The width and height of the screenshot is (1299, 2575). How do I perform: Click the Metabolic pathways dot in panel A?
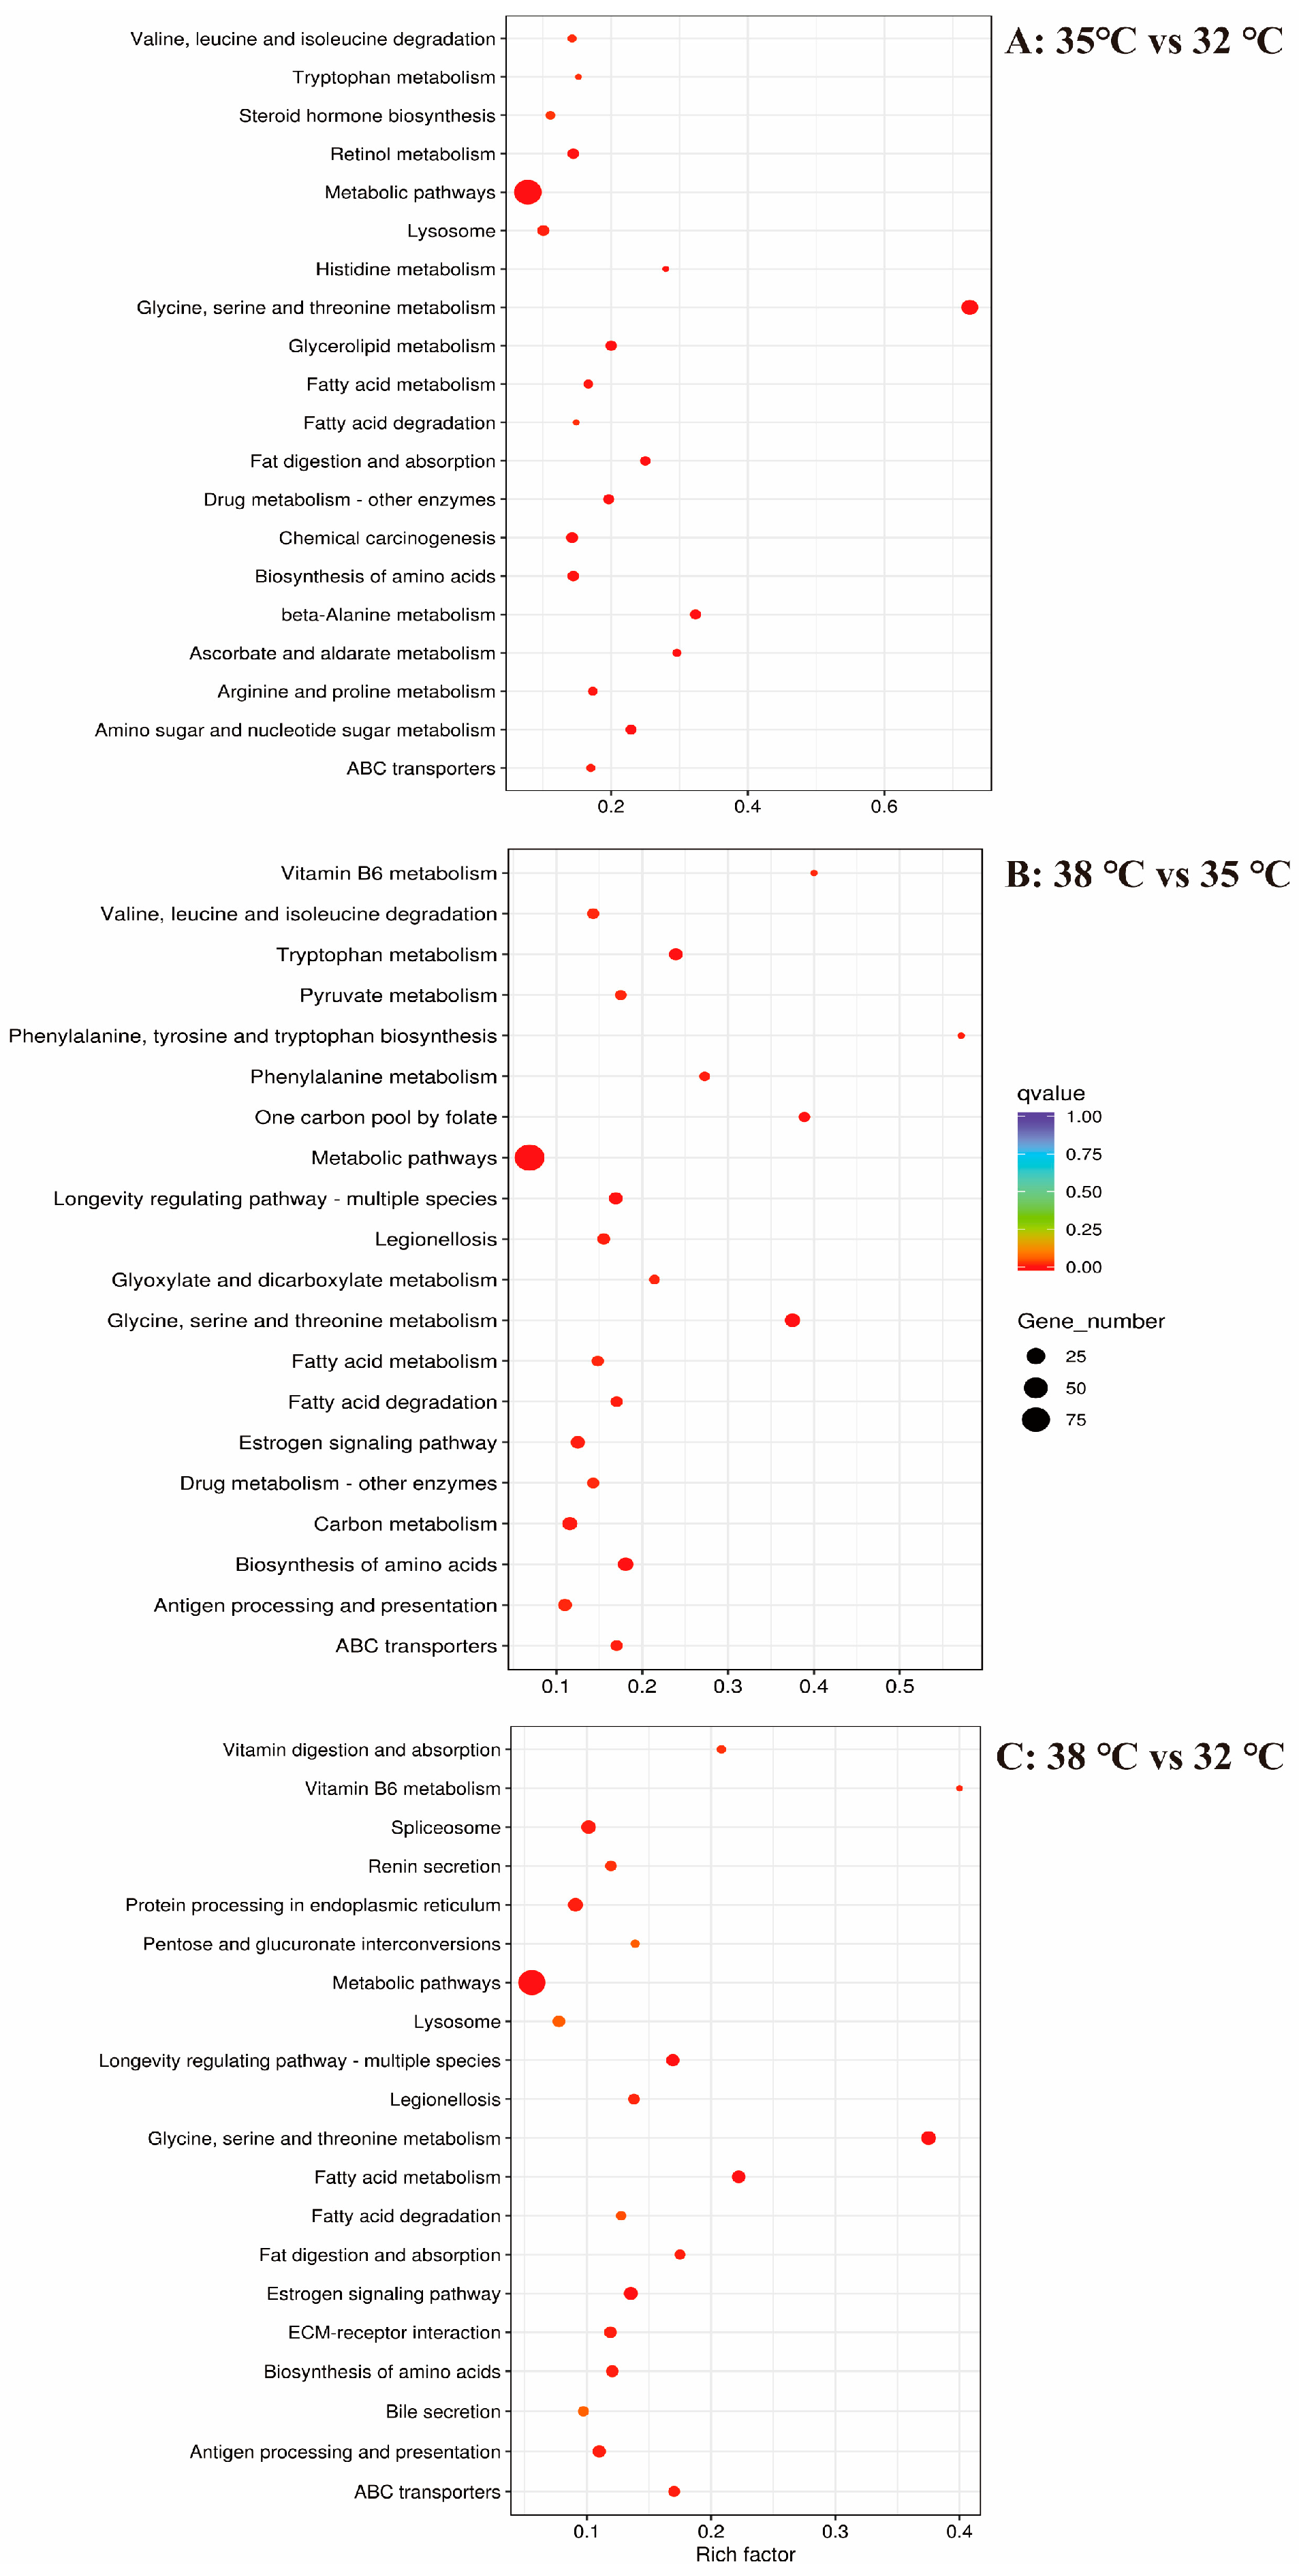pos(528,192)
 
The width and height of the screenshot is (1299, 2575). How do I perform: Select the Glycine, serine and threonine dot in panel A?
pos(969,307)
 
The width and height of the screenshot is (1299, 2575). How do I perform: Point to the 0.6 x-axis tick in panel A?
pos(883,807)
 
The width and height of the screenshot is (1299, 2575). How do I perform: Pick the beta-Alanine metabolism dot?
pos(695,614)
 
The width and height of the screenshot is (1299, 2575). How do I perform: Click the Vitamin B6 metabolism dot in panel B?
pos(815,873)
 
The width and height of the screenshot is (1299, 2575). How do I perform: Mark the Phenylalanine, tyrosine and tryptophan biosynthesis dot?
pos(961,1035)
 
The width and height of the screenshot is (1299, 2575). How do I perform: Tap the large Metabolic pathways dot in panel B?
pos(529,1157)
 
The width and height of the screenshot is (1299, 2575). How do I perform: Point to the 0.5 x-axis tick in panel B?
pos(899,1686)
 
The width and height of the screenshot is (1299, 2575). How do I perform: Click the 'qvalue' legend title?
pos(1050,1093)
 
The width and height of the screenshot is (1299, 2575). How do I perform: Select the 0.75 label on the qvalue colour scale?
pos(1083,1155)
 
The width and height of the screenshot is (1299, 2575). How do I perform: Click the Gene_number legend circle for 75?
pos(1036,1420)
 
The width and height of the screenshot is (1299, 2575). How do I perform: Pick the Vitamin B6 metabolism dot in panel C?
pos(959,1788)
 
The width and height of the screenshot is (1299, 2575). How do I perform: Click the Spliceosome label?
pos(445,1827)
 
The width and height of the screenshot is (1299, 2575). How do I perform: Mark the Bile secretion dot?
pos(584,2411)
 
